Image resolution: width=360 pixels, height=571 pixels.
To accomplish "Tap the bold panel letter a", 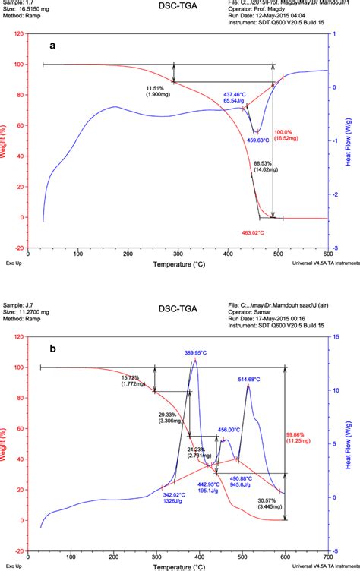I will (52, 46).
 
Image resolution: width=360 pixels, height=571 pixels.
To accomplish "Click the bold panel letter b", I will (52, 329).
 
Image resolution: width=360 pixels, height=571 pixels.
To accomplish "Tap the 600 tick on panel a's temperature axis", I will (328, 254).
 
